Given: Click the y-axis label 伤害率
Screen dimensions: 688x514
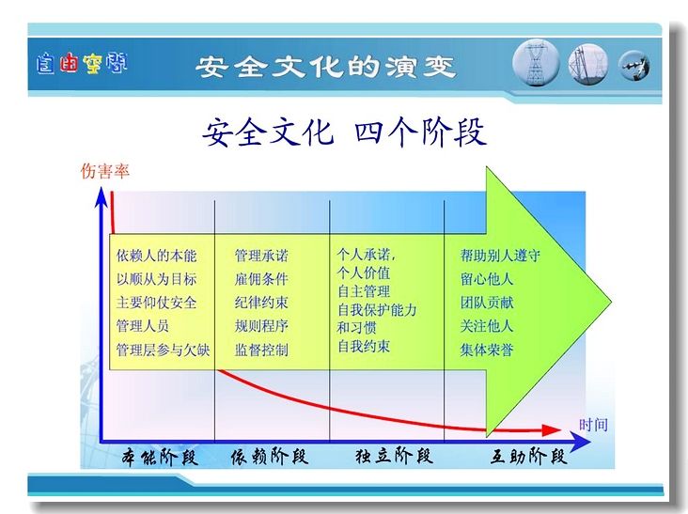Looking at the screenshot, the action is tap(105, 171).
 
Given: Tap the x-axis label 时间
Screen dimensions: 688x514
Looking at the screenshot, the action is tap(593, 425).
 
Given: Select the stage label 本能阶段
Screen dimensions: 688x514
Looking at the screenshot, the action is tap(160, 457).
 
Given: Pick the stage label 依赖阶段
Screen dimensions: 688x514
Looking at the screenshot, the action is tap(270, 457).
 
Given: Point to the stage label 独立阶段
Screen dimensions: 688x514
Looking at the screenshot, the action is tap(394, 456).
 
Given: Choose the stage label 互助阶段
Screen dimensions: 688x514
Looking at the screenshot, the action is tap(528, 457).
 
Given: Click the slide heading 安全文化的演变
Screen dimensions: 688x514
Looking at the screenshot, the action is tap(325, 67).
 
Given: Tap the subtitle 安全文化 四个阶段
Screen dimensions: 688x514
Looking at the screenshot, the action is tap(344, 132).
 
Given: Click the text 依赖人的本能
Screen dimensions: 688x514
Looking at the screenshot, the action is tap(156, 256).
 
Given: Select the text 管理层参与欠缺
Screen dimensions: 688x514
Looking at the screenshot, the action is tap(163, 350).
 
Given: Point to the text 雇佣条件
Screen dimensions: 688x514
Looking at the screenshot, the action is tap(261, 279).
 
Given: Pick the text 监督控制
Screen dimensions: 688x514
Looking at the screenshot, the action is tap(261, 350).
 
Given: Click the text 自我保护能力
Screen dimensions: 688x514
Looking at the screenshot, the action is tap(377, 310).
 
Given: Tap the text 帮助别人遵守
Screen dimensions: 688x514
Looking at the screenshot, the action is tap(500, 256).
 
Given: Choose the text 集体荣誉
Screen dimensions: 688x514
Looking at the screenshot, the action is tap(487, 350).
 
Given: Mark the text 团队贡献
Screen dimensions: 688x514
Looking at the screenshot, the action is tap(487, 303).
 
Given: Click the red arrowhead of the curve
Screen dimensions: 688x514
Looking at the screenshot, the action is tap(552, 430).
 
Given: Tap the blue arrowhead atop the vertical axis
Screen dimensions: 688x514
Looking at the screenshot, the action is tap(102, 196).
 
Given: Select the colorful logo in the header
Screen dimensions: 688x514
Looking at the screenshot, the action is tap(82, 63).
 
